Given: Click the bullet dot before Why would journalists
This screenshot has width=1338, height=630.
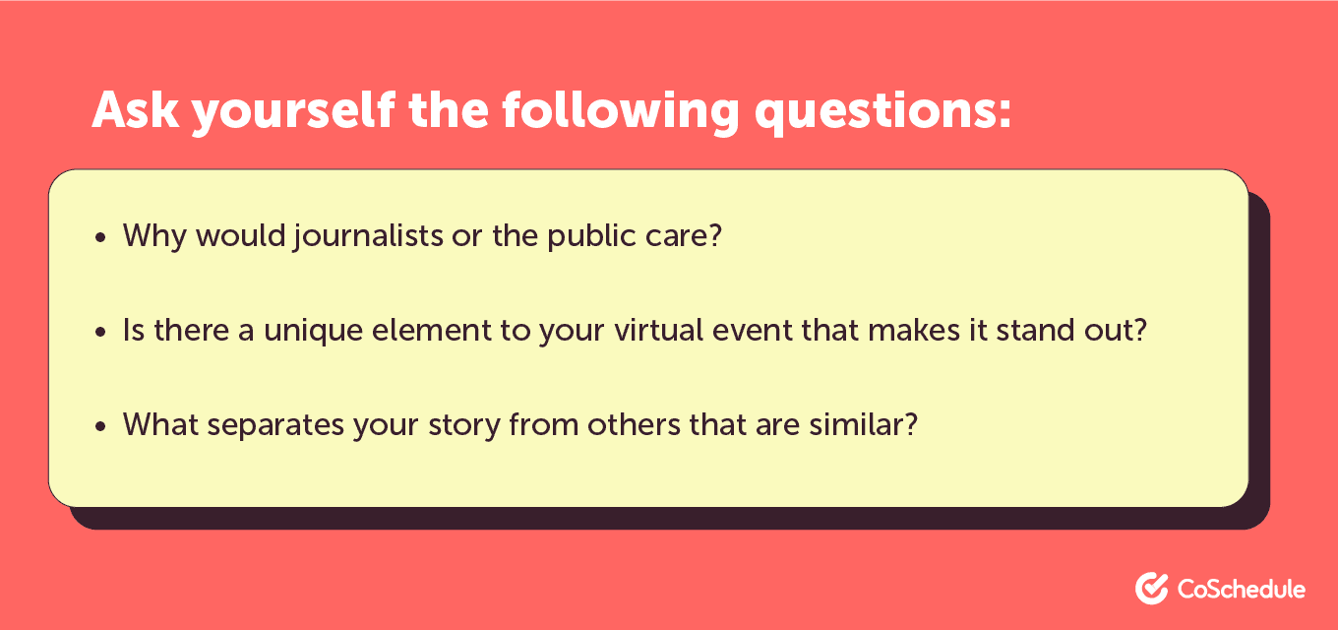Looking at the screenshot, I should pyautogui.click(x=100, y=238).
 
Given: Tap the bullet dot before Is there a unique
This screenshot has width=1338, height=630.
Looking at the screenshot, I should pyautogui.click(x=100, y=332).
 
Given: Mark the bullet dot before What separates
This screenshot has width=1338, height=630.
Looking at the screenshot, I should pyautogui.click(x=100, y=426).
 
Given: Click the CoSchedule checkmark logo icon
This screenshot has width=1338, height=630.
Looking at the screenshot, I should pyautogui.click(x=1152, y=589).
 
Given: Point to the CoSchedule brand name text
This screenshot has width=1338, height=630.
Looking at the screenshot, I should pyautogui.click(x=1241, y=589).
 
